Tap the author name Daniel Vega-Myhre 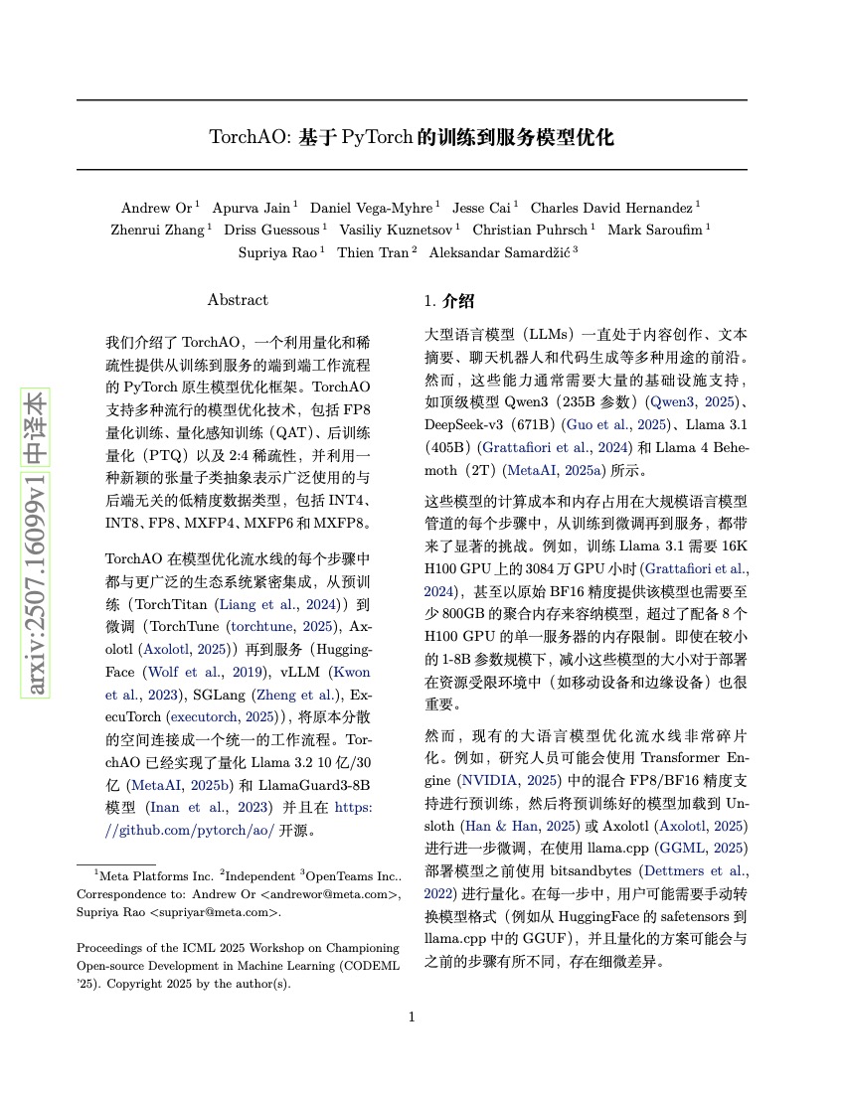point(371,208)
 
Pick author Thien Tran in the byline point(373,252)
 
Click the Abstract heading point(238,299)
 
